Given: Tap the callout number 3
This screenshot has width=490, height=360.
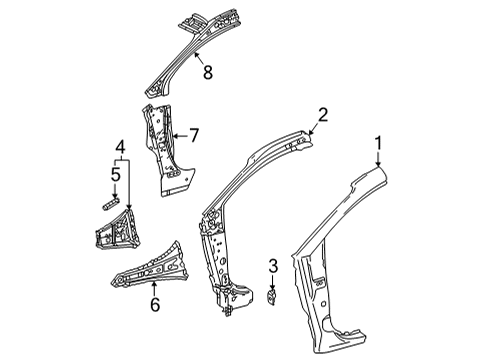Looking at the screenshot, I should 272,266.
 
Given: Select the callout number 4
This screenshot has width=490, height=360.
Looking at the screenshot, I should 119,149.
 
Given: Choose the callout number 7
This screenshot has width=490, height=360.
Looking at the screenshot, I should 196,133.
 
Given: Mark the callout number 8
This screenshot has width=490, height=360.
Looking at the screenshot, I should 207,72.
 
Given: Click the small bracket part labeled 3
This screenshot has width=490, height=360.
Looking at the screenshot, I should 272,297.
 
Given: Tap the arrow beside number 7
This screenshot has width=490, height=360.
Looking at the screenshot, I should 181,133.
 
